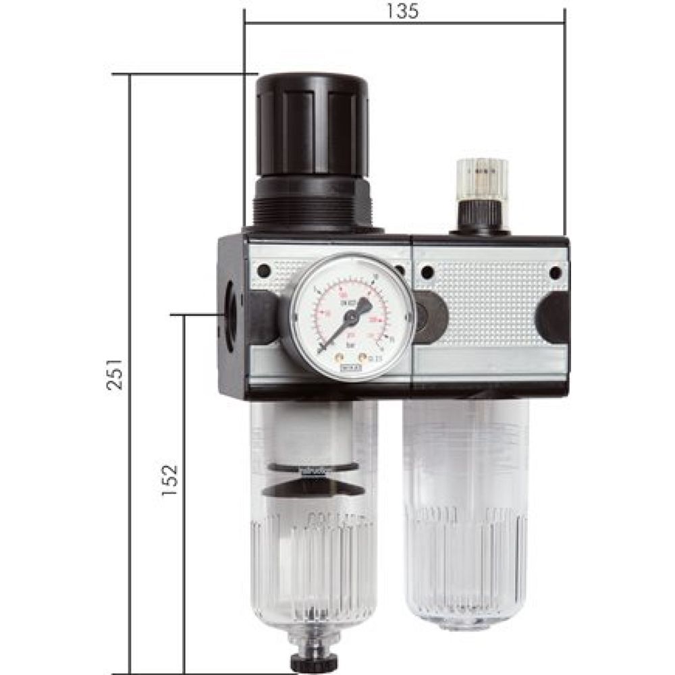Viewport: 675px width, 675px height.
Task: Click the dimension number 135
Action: click(404, 11)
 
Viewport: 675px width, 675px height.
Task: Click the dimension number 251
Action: click(117, 375)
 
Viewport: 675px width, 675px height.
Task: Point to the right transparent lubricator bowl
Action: click(465, 513)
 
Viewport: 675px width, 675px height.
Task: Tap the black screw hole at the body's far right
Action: click(556, 273)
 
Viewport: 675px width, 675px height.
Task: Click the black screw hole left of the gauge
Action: click(264, 271)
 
